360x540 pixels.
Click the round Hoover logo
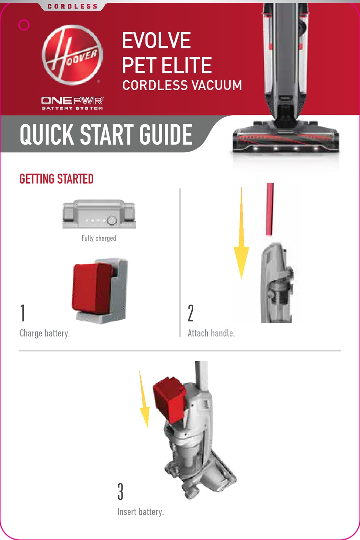coord(72,55)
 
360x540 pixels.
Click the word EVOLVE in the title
coord(156,41)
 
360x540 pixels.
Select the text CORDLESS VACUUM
coord(182,85)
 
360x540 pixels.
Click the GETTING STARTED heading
coord(56,179)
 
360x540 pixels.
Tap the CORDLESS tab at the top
coord(72,6)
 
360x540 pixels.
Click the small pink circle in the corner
coord(24,25)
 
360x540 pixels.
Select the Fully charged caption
coord(99,238)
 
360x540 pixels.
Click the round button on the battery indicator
coord(112,221)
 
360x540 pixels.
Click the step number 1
coord(23,313)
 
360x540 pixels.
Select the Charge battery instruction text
coord(45,333)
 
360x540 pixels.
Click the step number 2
coord(191,313)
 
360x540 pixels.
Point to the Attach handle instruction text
coord(211,333)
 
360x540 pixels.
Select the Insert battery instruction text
coord(141,512)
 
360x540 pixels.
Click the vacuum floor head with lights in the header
coord(286,140)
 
